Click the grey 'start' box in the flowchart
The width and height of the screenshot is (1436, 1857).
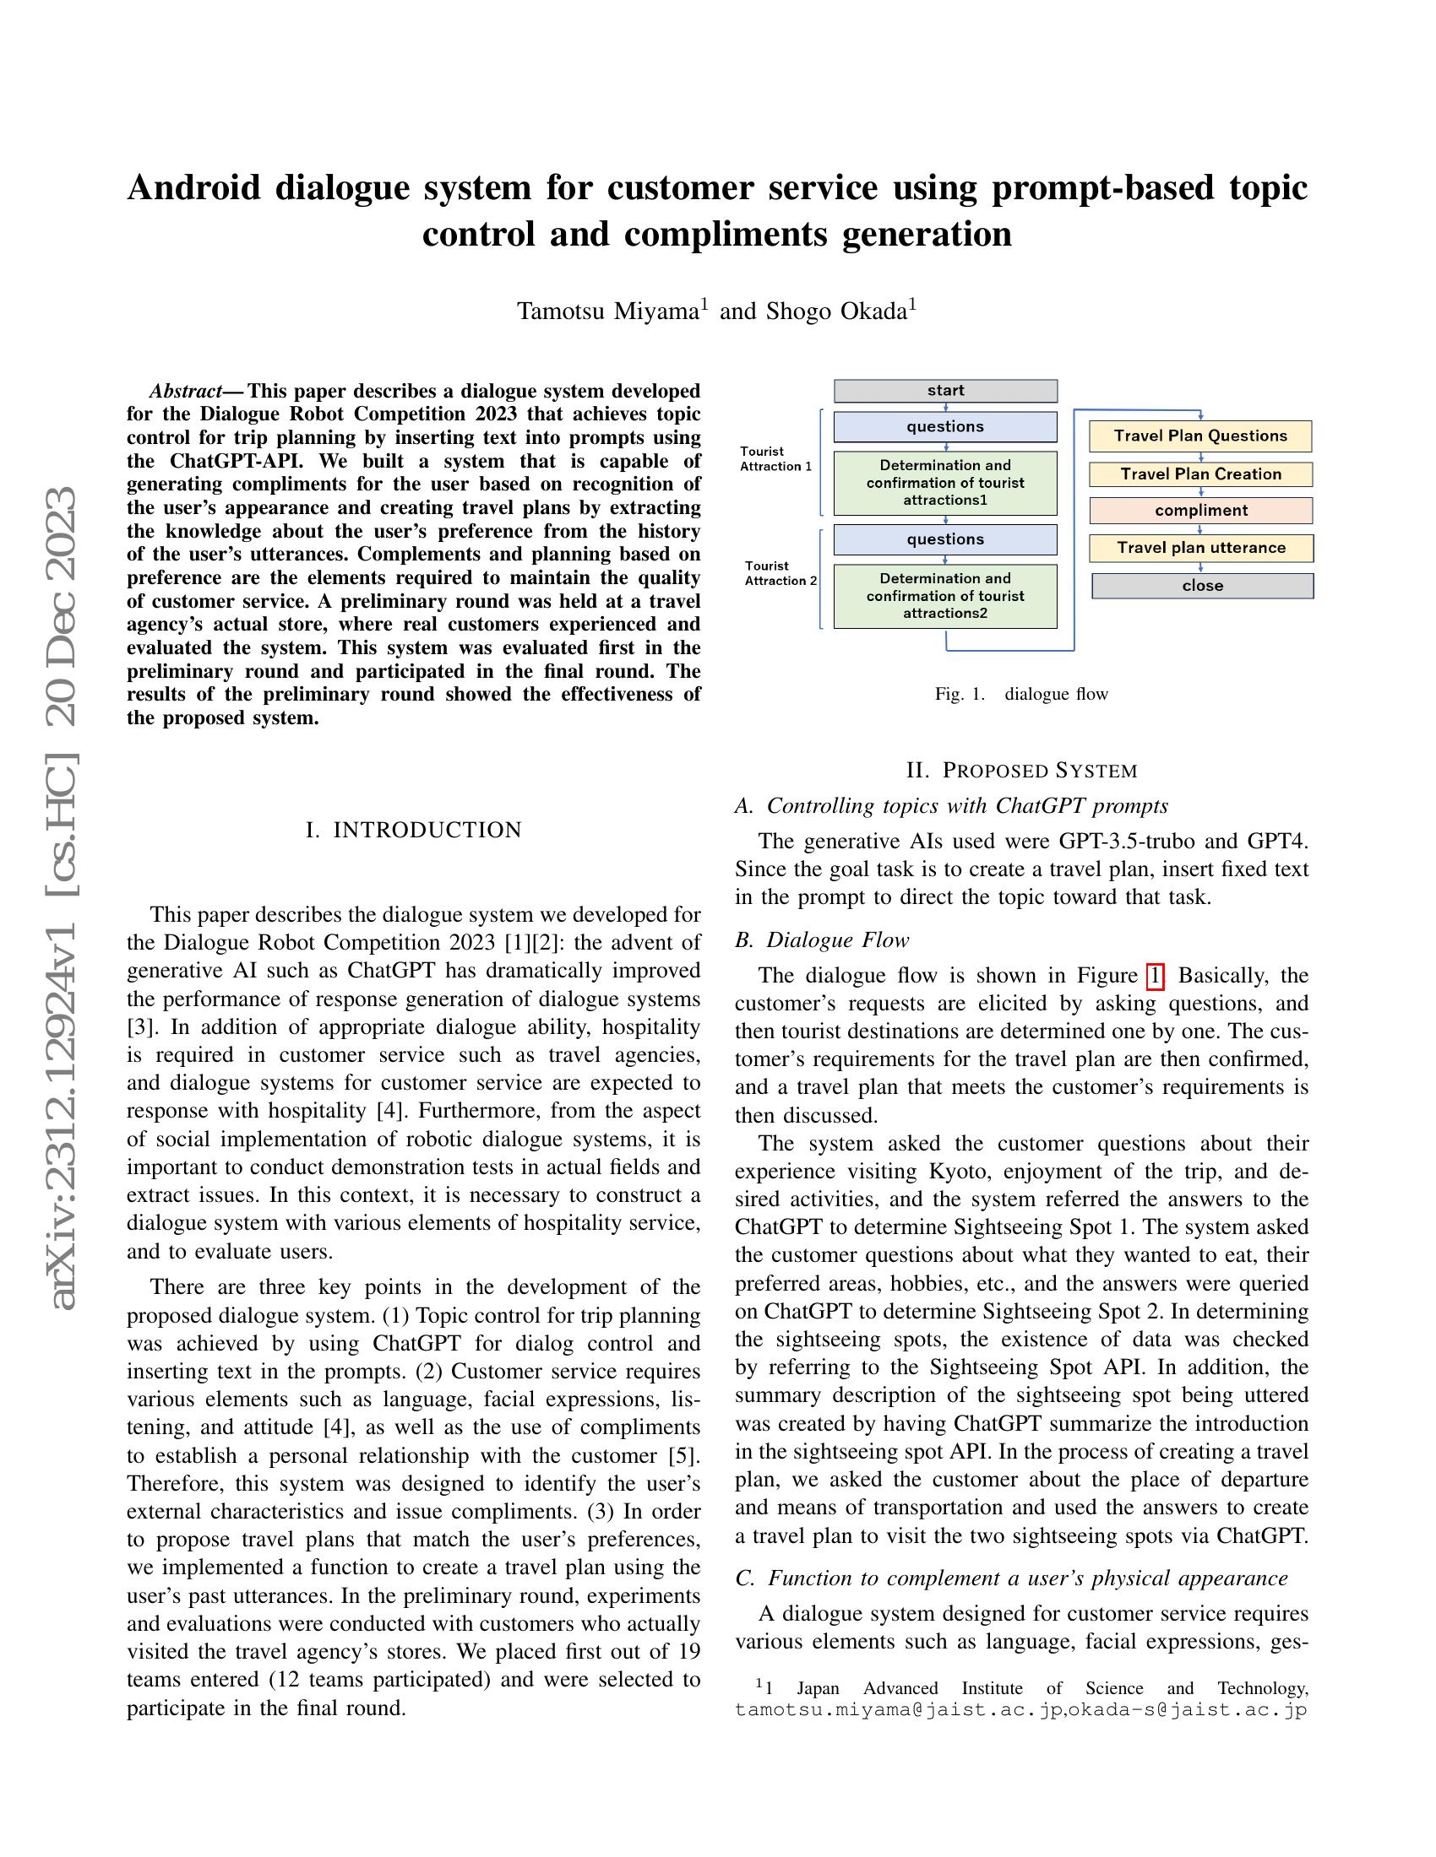945,390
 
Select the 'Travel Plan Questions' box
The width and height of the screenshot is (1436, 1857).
1200,436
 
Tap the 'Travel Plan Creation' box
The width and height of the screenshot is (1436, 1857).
1200,474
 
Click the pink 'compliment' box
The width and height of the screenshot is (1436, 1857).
1200,510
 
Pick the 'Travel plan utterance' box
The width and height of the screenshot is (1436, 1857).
1200,548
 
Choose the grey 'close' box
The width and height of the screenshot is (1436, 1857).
1202,586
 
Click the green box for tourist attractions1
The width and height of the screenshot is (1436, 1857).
945,483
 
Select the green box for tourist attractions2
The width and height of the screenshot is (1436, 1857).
945,596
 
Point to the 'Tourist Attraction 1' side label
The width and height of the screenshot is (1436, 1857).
775,459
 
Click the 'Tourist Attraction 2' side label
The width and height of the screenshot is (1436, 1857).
781,573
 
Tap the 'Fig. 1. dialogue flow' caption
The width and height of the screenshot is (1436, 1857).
1021,694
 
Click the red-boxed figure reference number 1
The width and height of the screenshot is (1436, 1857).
1155,975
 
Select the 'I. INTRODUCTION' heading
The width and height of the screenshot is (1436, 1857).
413,830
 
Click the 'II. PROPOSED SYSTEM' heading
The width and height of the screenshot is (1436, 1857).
1021,771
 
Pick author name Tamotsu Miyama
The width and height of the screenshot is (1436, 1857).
607,311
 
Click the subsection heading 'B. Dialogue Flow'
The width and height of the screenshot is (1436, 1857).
822,939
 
